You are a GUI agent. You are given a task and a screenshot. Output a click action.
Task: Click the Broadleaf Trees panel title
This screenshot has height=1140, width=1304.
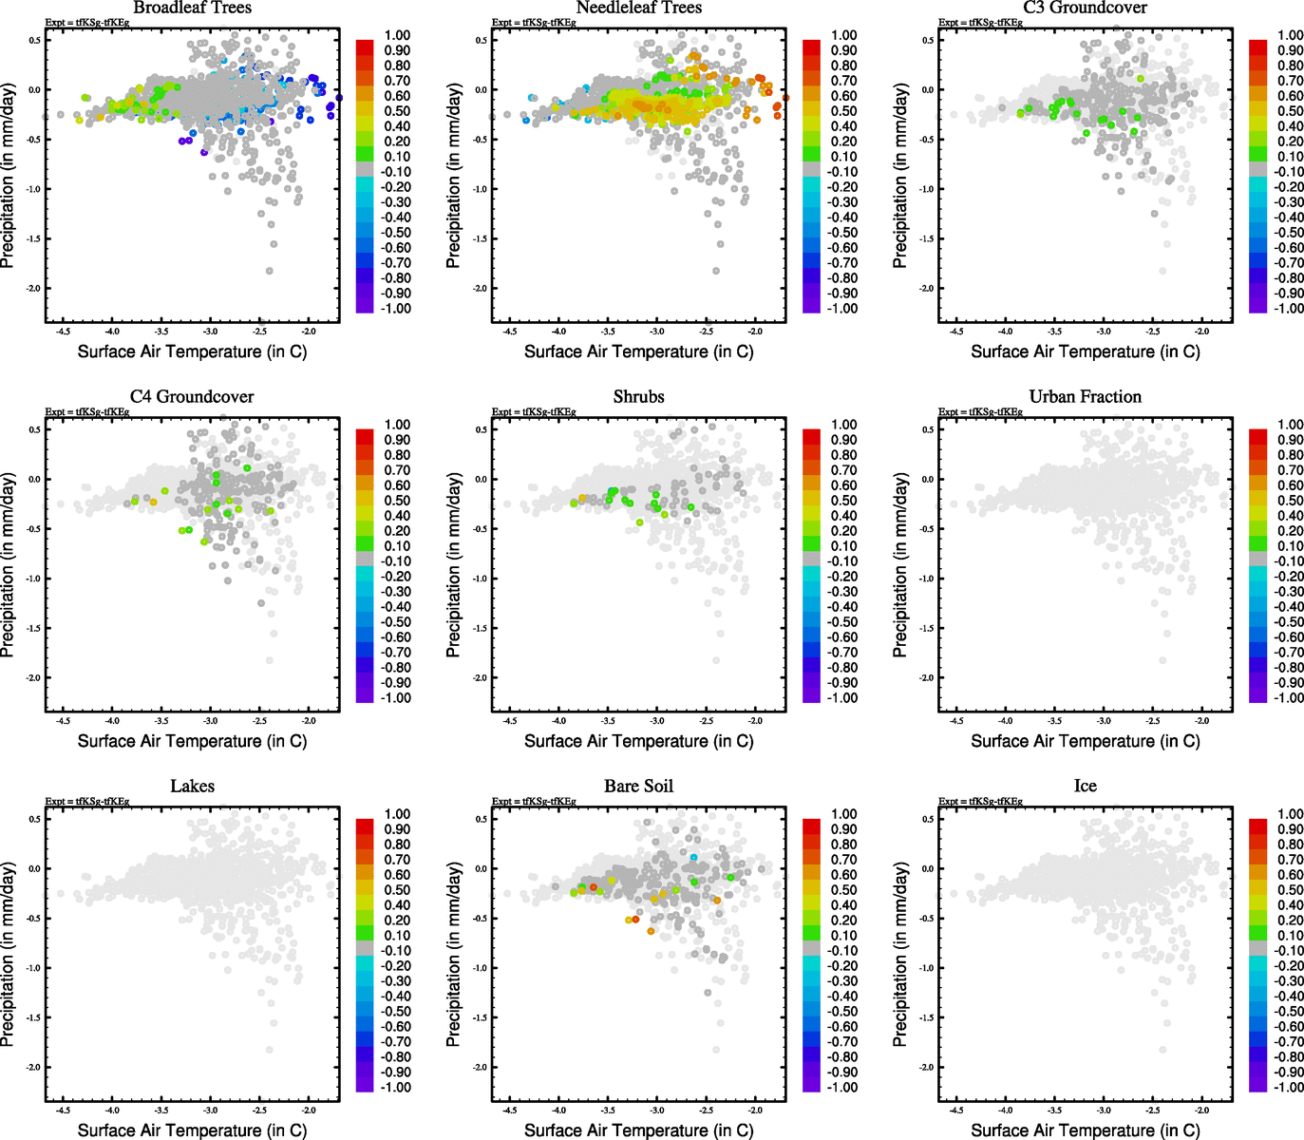pos(192,8)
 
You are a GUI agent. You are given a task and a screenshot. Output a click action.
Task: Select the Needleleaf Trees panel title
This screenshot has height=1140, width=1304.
pos(638,8)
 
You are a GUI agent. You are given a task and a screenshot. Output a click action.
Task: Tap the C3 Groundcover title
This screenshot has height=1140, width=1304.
pos(1085,8)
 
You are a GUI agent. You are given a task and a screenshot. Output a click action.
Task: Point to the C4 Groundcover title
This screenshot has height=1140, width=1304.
pos(192,397)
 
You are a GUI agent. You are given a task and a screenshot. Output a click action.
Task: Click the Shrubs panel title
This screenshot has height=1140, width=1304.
pos(638,397)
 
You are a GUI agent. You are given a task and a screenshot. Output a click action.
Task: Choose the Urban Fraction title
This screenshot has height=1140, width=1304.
pos(1085,397)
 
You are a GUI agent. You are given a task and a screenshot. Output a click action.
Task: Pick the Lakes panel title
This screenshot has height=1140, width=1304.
pos(192,787)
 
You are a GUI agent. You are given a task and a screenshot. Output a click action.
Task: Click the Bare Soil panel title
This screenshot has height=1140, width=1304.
pos(638,787)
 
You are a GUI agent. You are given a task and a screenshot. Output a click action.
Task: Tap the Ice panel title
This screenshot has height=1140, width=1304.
pos(1085,787)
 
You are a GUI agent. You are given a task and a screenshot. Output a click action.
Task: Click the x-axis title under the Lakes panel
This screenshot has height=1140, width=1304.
pos(192,1130)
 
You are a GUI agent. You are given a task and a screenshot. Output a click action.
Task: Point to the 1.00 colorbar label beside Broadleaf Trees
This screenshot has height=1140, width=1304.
pos(397,35)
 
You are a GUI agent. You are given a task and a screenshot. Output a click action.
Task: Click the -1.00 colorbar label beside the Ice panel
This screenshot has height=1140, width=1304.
pos(1289,1087)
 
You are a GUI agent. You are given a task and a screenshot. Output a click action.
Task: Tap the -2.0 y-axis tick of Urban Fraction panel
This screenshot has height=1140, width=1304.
pos(926,677)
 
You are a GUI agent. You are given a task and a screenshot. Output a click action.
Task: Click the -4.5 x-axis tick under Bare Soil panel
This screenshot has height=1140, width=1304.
pos(510,1110)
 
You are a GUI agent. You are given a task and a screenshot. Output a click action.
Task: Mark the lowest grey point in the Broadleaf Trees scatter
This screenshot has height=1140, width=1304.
pos(270,271)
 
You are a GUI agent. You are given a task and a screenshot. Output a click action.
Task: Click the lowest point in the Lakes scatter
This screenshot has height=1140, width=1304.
pos(270,1050)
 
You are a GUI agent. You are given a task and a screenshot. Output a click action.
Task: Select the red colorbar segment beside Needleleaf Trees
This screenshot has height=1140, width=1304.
pos(811,47)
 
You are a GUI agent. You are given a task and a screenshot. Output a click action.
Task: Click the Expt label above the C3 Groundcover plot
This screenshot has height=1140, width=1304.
pos(980,23)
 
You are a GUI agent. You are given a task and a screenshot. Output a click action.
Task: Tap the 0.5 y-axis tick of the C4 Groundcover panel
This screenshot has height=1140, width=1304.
pos(34,429)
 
